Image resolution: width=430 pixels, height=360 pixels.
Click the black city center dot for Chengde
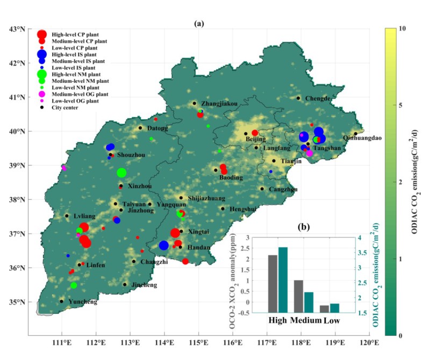coord(298,98)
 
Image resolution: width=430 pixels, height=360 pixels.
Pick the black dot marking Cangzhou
coord(262,189)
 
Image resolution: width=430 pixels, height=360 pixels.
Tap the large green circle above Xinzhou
coord(121,172)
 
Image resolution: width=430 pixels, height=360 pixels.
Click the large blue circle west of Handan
coord(164,245)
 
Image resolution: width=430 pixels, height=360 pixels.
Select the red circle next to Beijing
coord(255,133)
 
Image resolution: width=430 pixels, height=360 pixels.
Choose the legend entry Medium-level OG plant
coord(75,94)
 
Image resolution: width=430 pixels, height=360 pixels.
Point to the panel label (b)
coord(288,228)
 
